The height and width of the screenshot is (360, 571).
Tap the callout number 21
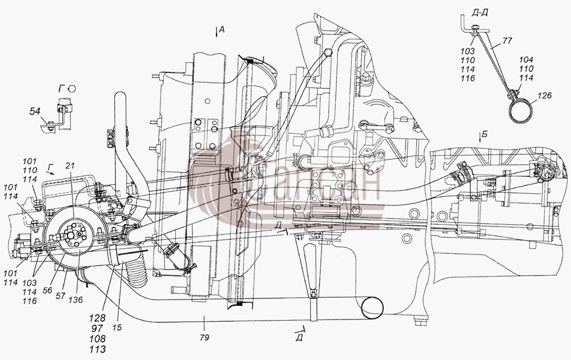(70, 166)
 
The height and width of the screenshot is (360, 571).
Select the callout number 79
(204, 337)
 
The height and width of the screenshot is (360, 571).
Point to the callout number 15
(117, 327)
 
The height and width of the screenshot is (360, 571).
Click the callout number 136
(76, 300)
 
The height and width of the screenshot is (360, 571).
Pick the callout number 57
(61, 296)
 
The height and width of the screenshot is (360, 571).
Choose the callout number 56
(47, 290)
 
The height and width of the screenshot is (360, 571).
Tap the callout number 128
(98, 318)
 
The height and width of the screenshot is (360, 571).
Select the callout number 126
(544, 96)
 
